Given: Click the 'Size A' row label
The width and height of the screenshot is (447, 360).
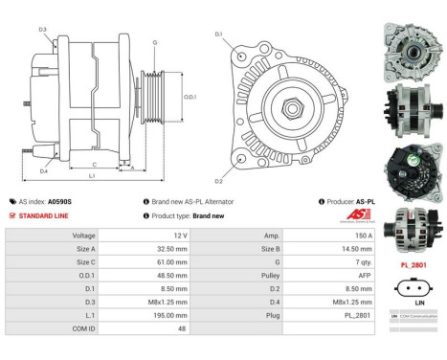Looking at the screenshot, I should click(x=84, y=247).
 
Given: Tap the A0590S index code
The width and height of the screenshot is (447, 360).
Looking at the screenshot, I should click(x=60, y=202).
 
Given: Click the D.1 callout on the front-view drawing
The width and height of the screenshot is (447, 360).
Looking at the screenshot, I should click(x=218, y=34).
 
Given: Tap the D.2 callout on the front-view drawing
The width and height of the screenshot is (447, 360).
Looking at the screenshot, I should click(x=218, y=181).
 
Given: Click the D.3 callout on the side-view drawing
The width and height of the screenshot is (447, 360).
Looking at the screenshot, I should click(x=43, y=30).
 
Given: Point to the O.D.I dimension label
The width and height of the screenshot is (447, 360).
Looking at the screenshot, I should click(x=190, y=96).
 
